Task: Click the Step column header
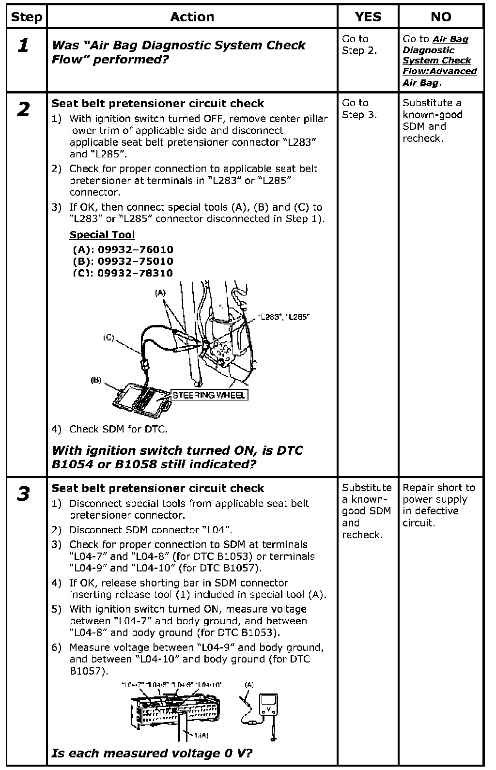point(26,17)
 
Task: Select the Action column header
point(192,17)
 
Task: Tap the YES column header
point(368,17)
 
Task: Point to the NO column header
point(441,17)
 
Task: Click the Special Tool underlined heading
point(102,235)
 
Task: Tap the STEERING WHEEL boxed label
point(209,395)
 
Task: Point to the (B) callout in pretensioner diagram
point(96,380)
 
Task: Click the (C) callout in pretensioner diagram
point(108,338)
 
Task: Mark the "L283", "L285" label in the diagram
point(284,317)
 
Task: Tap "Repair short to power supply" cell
point(438,505)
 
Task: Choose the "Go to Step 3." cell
point(359,109)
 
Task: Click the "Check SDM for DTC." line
point(118,429)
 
